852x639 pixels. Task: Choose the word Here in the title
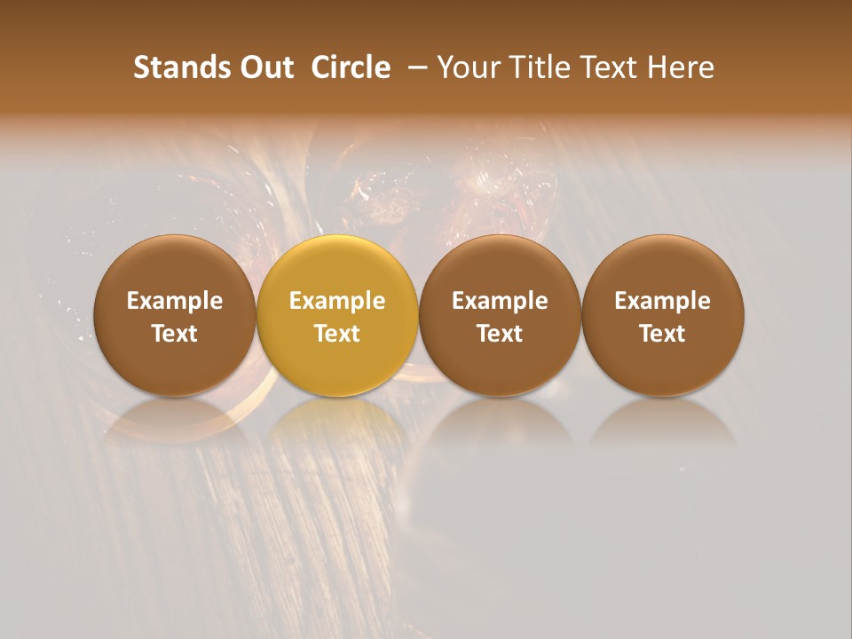681,67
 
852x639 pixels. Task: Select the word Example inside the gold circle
337,301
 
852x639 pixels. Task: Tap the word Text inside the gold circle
337,334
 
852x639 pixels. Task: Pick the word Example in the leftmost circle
175,301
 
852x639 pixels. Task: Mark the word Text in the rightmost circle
663,334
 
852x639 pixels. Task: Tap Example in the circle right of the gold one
500,301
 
